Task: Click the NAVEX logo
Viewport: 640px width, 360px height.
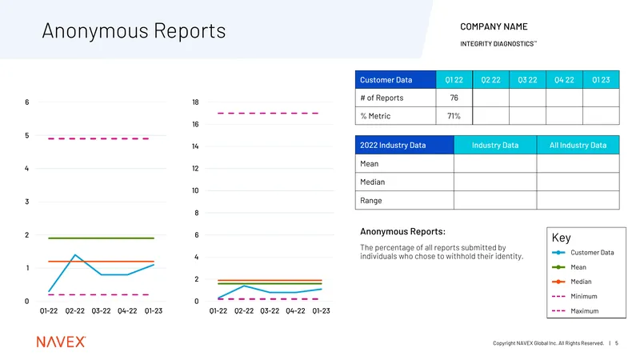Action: pyautogui.click(x=62, y=342)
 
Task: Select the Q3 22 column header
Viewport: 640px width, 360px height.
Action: pyautogui.click(x=527, y=79)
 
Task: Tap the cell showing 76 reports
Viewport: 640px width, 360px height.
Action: pyautogui.click(x=454, y=98)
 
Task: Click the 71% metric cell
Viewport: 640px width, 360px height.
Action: pyautogui.click(x=454, y=116)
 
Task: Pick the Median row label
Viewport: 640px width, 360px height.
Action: pyautogui.click(x=372, y=182)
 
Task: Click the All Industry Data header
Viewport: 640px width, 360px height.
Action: pyautogui.click(x=578, y=145)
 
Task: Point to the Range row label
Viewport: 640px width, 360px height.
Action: pyautogui.click(x=371, y=201)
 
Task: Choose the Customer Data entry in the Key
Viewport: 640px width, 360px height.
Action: pyautogui.click(x=583, y=253)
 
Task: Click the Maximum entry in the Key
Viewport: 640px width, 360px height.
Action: pyautogui.click(x=575, y=311)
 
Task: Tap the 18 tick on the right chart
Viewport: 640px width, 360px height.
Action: pyautogui.click(x=195, y=102)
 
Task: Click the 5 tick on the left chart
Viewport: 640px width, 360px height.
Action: pyautogui.click(x=27, y=135)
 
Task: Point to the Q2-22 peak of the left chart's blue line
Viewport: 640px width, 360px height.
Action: pyautogui.click(x=75, y=254)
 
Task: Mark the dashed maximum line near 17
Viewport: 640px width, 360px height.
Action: pyautogui.click(x=268, y=113)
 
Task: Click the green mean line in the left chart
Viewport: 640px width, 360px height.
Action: pyautogui.click(x=102, y=238)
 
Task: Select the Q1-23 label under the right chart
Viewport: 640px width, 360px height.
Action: pyautogui.click(x=322, y=311)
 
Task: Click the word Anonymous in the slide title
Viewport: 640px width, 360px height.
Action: pyautogui.click(x=94, y=31)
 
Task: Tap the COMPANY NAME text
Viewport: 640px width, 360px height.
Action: pyautogui.click(x=494, y=26)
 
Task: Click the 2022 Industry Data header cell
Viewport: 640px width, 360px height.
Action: pyautogui.click(x=405, y=145)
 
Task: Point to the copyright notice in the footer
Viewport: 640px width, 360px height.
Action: pyautogui.click(x=548, y=343)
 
